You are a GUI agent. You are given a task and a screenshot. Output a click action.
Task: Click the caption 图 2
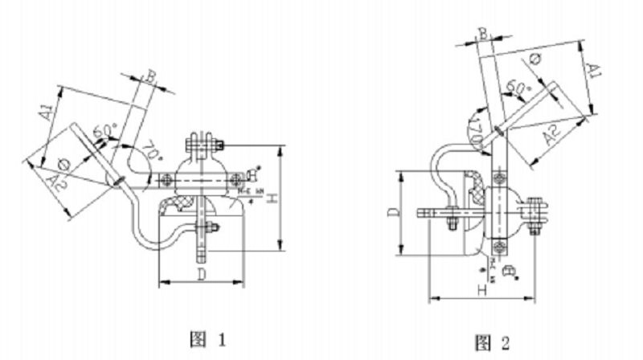coord(492,344)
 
